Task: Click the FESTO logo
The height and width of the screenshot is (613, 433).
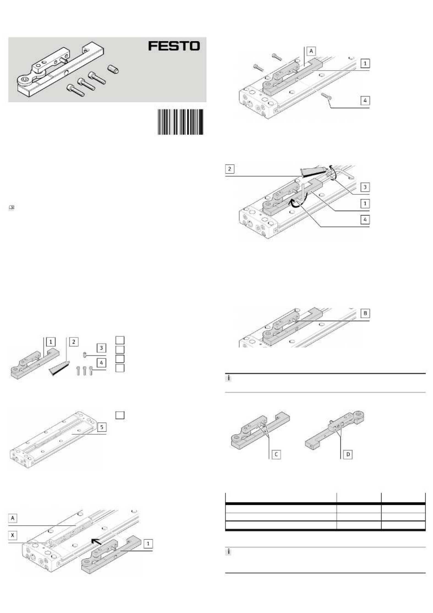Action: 174,46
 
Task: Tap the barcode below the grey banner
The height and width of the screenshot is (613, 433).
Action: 181,122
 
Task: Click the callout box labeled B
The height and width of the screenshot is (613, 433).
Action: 365,313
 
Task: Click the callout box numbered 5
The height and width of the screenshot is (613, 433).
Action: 102,427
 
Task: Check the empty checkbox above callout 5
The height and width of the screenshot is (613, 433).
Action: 120,415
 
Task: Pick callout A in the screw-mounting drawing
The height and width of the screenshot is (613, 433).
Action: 311,51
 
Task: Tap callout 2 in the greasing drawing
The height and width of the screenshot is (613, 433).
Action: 230,169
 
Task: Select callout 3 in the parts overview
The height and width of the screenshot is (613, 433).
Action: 101,348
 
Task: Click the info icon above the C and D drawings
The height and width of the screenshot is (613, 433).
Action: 228,379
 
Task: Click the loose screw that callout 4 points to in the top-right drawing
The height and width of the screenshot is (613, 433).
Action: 326,96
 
